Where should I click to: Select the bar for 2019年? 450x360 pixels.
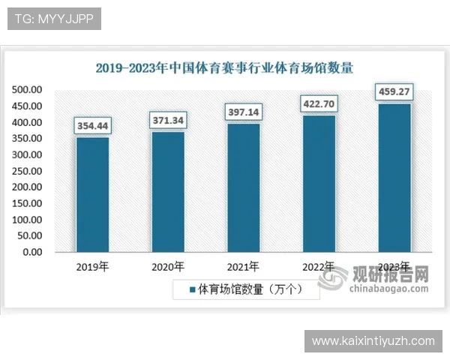(92, 194)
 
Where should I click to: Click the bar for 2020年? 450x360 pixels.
(168, 191)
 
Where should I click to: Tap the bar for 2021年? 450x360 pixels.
(243, 187)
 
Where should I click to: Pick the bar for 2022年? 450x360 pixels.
(319, 183)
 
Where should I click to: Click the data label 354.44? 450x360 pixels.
(92, 125)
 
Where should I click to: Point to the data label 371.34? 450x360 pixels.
(168, 120)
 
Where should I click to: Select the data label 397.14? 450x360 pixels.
(243, 112)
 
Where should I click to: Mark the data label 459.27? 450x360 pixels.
(394, 92)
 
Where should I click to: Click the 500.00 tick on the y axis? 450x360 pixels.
(27, 89)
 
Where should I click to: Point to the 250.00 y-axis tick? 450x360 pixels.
(27, 171)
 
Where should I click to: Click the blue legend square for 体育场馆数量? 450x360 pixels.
(192, 289)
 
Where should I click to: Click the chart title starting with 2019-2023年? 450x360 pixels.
(224, 67)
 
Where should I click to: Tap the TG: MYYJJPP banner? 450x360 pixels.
(53, 19)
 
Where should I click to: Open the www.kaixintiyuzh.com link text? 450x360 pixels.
(373, 341)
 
